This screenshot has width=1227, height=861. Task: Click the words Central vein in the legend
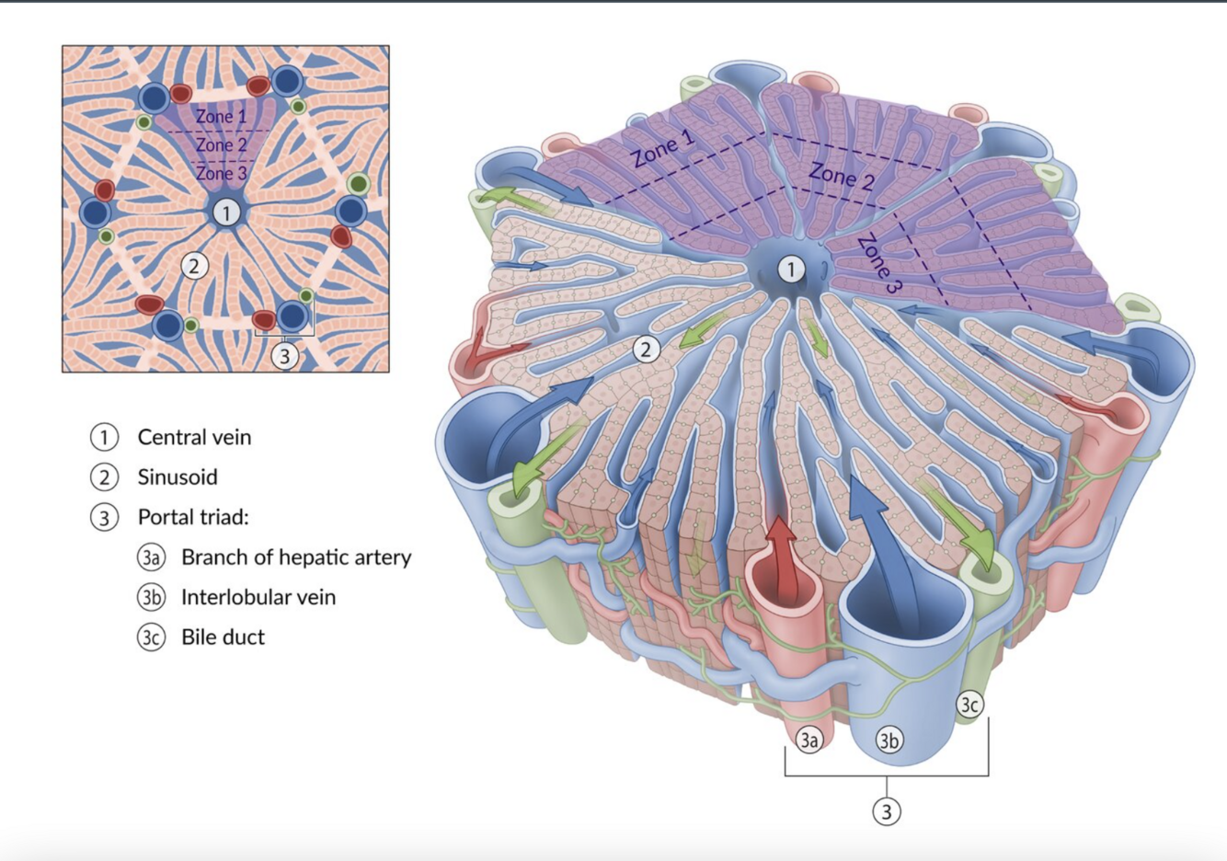tap(194, 437)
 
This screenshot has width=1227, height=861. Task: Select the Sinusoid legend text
tap(178, 477)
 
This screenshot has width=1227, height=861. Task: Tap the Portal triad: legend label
tap(193, 517)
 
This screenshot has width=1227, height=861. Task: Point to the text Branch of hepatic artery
tap(296, 557)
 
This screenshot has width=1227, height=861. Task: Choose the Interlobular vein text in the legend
tap(258, 597)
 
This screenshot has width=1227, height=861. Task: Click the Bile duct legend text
tap(223, 637)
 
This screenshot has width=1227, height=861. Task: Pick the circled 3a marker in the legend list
tap(151, 557)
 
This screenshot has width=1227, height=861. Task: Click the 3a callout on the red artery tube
tap(808, 740)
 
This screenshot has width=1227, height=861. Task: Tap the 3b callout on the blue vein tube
tap(888, 740)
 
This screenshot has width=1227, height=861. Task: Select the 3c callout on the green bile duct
tap(969, 705)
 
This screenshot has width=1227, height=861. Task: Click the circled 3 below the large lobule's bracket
tap(887, 811)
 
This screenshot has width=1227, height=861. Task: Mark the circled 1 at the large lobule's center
tap(791, 270)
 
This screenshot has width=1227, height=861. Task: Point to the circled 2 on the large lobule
tap(647, 350)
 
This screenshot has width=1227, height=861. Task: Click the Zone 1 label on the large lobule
tap(663, 149)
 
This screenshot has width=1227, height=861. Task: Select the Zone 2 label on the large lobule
tap(841, 175)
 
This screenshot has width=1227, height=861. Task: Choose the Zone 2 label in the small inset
tap(221, 145)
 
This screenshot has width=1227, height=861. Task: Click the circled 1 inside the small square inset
tap(226, 212)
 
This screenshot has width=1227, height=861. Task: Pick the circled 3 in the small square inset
tap(285, 354)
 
